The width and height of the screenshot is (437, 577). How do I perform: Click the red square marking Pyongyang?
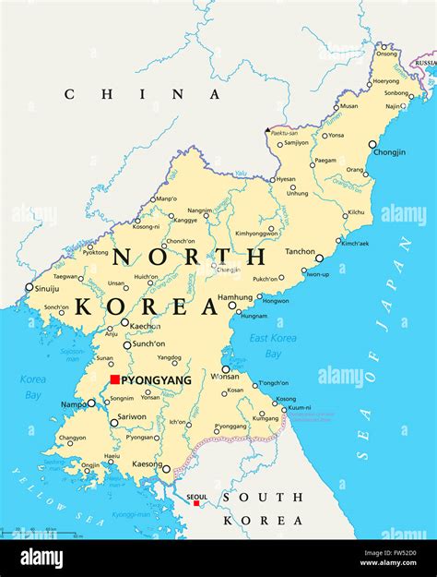pyautogui.click(x=114, y=379)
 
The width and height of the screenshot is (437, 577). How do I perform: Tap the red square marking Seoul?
pyautogui.click(x=195, y=503)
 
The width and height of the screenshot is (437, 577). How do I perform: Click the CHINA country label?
pyautogui.click(x=142, y=93)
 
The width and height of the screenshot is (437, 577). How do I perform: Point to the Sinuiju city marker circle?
pyautogui.click(x=29, y=287)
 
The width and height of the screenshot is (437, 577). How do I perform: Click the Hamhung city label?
pyautogui.click(x=234, y=297)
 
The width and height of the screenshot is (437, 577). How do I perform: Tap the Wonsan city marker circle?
pyautogui.click(x=226, y=369)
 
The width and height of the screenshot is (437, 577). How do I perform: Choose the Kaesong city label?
pyautogui.click(x=145, y=463)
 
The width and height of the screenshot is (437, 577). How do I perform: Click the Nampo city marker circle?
pyautogui.click(x=91, y=403)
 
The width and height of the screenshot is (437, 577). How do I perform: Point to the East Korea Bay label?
pyautogui.click(x=272, y=345)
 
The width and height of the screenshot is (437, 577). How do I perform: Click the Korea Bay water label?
pyautogui.click(x=33, y=387)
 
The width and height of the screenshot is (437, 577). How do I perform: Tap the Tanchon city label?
pyautogui.click(x=300, y=251)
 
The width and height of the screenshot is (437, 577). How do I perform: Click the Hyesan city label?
pyautogui.click(x=286, y=179)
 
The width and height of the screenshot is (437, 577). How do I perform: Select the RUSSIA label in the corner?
pyautogui.click(x=425, y=63)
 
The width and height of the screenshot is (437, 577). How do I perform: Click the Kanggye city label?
pyautogui.click(x=185, y=220)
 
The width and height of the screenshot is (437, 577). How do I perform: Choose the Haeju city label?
pyautogui.click(x=112, y=455)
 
